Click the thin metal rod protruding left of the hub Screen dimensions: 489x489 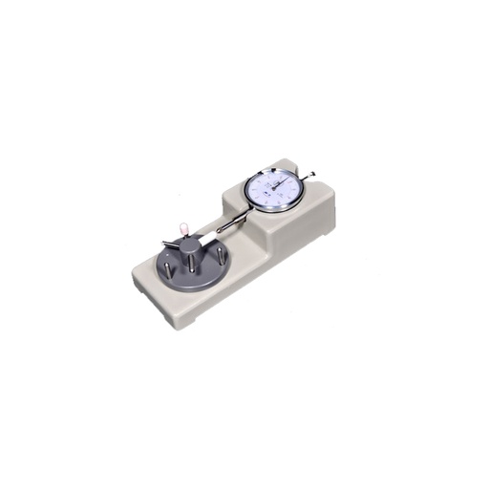point(169,243)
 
